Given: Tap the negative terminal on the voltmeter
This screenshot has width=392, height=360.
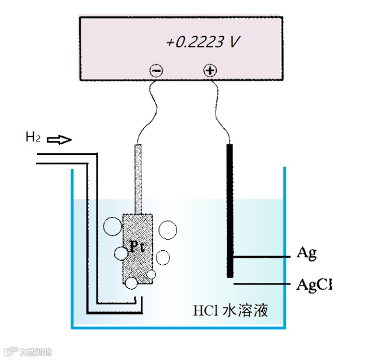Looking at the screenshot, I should click(x=157, y=71).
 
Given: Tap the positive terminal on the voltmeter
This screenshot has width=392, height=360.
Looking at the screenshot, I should click(x=210, y=71).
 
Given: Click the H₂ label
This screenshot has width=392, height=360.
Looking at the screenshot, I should click(x=33, y=138).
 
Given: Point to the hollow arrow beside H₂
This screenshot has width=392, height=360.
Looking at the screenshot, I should click(x=59, y=140).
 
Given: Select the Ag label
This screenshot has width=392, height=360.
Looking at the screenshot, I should click(x=307, y=254).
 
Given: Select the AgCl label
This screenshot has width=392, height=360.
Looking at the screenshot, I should click(x=314, y=285).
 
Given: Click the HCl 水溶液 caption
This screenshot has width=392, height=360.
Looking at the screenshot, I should click(x=230, y=310).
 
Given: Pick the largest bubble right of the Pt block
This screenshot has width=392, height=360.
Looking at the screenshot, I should click(x=168, y=230).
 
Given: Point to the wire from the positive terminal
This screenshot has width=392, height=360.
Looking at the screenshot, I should click(x=221, y=111).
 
